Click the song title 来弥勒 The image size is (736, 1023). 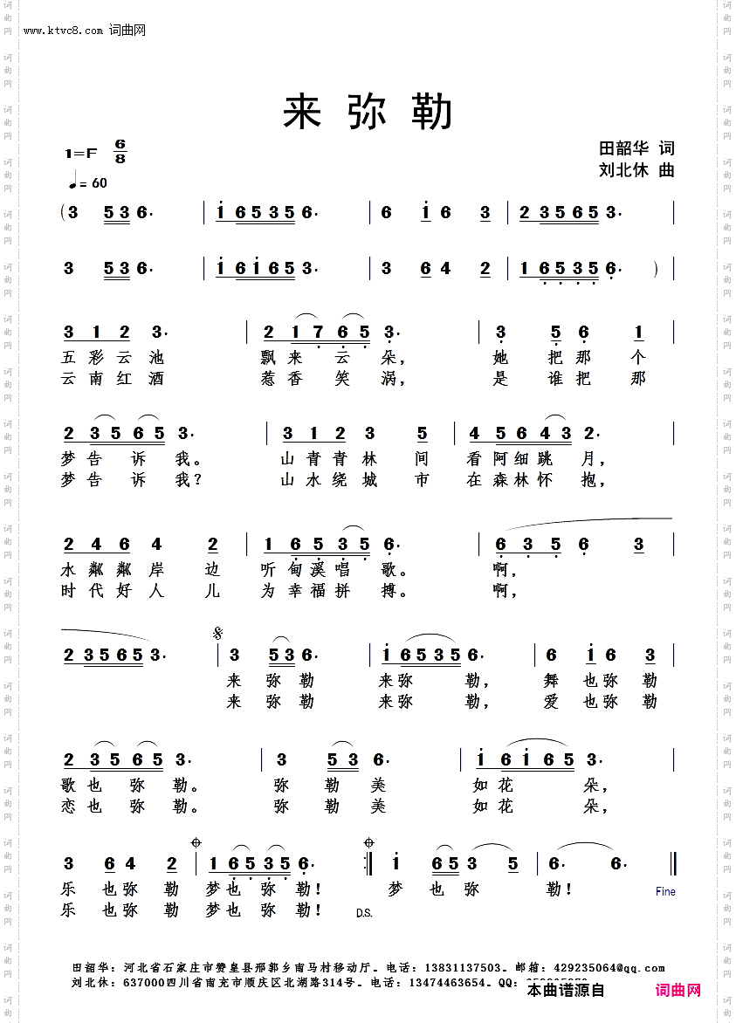tap(368, 113)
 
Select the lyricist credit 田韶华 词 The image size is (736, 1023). tap(636, 148)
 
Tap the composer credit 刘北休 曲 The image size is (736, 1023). tap(636, 170)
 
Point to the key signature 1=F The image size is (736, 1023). tap(80, 154)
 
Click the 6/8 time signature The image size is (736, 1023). tap(120, 152)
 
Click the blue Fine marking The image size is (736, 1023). tap(665, 891)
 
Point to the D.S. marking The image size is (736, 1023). tap(364, 913)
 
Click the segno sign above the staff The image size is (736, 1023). tap(217, 633)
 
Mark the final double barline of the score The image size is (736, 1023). tap(673, 863)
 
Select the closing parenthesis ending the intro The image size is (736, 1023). tap(655, 269)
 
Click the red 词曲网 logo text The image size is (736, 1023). tap(678, 990)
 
